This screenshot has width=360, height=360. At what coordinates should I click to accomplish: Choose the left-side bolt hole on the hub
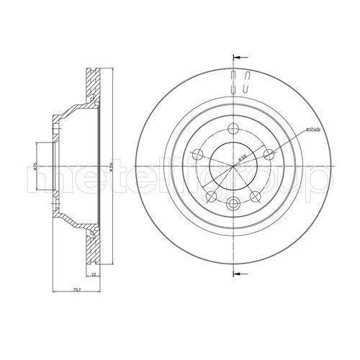(198, 154)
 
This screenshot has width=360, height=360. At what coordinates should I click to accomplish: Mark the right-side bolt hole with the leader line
(269, 154)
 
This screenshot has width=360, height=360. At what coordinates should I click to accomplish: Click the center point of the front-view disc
(235, 167)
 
